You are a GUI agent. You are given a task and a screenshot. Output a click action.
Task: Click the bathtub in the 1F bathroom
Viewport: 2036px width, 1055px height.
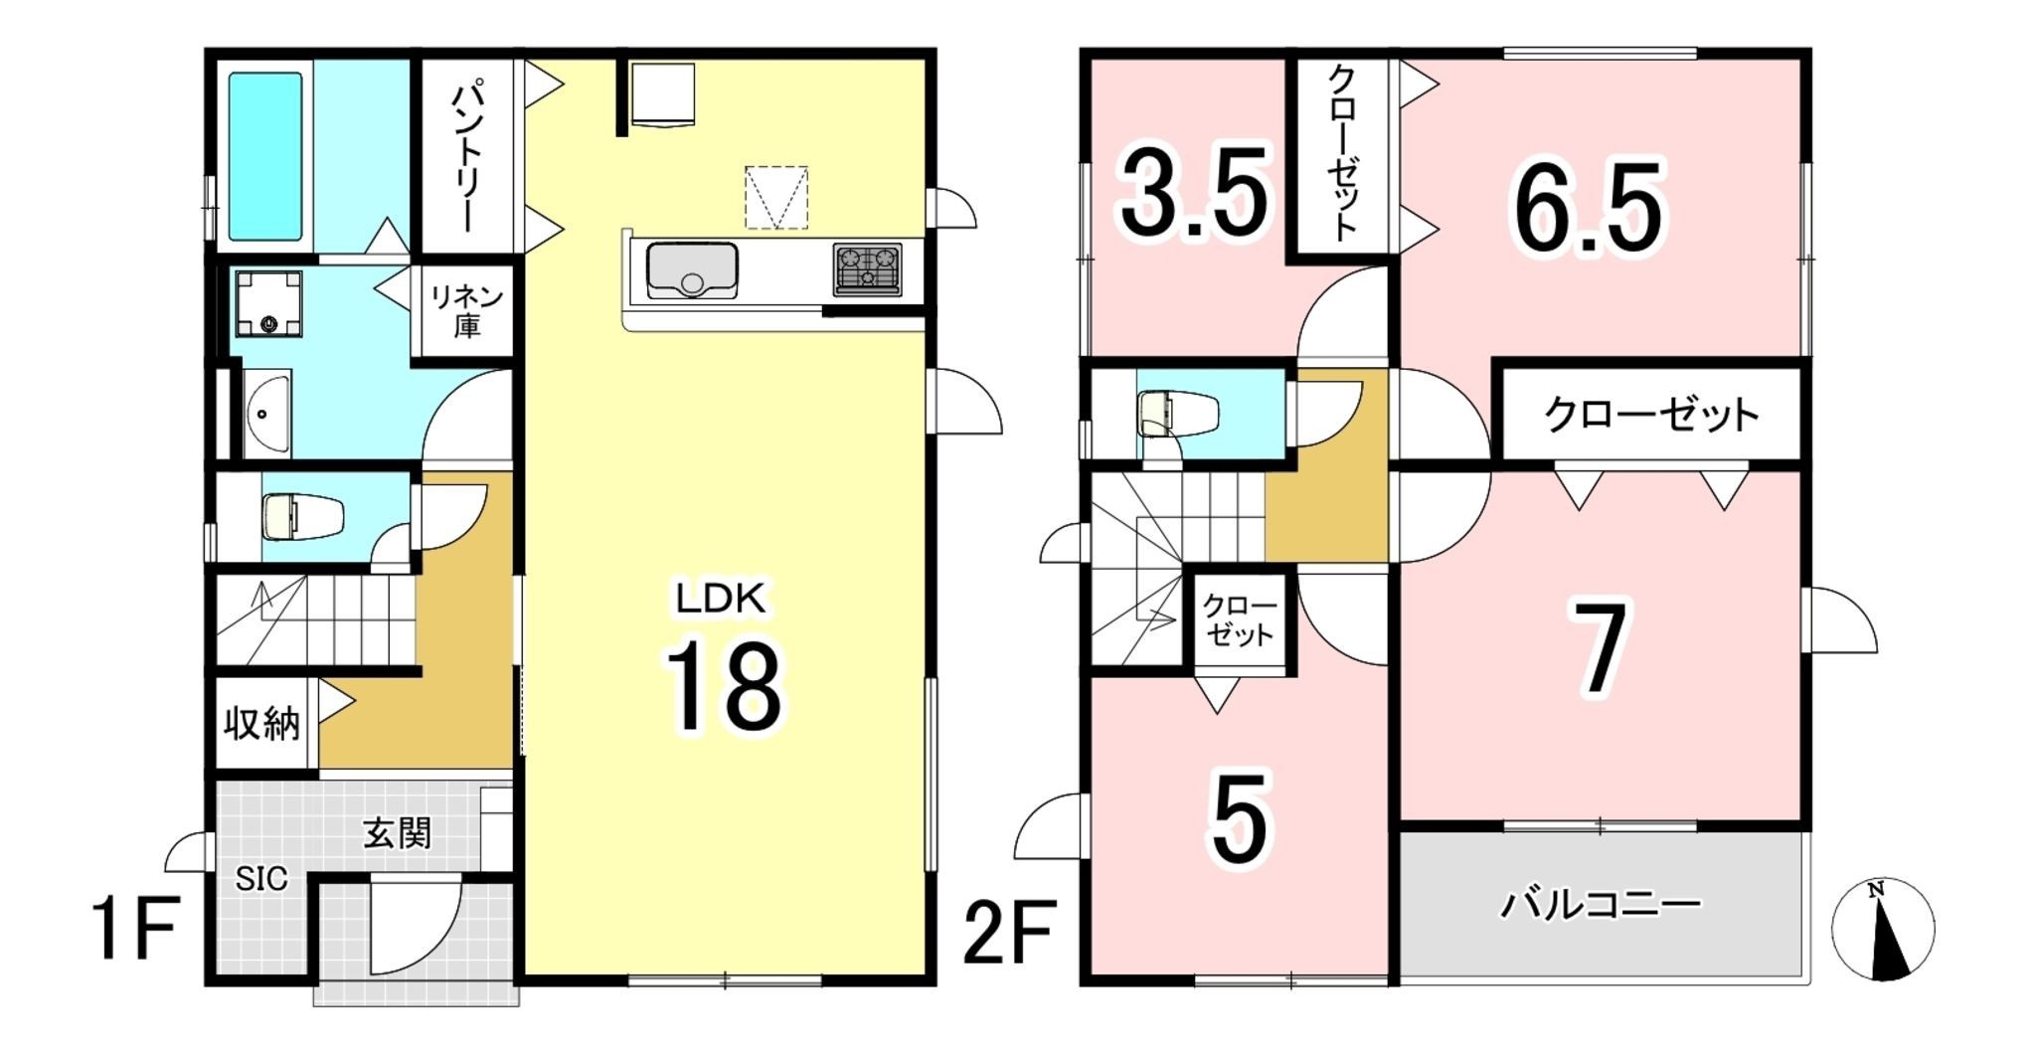pos(265,156)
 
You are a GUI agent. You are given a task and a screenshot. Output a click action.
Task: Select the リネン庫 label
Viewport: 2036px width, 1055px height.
pos(466,310)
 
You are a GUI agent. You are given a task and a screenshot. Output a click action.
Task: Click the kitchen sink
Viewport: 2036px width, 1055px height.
pos(692,269)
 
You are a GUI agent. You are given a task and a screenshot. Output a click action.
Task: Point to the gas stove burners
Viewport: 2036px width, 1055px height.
pos(868,269)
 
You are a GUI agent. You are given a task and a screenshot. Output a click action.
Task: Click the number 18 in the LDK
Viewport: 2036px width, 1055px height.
pos(724,685)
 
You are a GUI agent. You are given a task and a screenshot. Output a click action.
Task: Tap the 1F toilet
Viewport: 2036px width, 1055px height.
pos(303,517)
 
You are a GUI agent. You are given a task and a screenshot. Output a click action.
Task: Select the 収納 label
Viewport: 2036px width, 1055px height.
pos(261,723)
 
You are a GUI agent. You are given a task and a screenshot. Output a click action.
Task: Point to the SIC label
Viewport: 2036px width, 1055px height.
pos(261,879)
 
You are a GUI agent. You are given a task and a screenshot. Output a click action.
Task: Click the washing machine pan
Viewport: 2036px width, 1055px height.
pos(268,304)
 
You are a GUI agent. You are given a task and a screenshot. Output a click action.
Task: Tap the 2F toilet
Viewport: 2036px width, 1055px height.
pos(1179,414)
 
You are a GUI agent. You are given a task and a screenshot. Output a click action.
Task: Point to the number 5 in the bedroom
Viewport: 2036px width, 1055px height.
pos(1241,817)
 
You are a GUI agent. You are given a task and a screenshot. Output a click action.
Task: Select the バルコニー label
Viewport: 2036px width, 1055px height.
pos(1601,905)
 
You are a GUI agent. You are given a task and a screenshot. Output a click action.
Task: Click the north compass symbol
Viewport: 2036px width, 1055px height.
pos(1883,931)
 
